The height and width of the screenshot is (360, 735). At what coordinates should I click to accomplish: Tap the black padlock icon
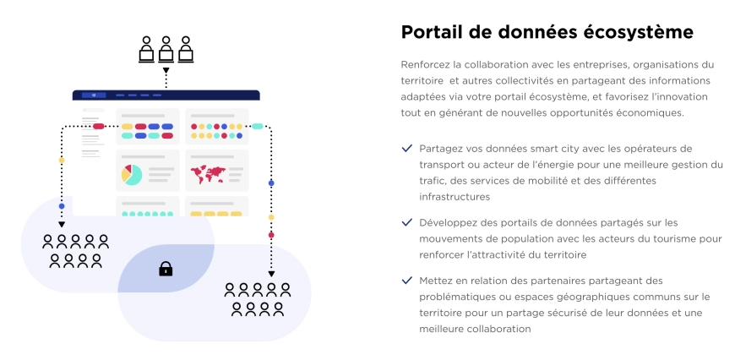tap(166, 269)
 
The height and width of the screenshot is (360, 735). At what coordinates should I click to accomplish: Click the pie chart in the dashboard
tap(132, 174)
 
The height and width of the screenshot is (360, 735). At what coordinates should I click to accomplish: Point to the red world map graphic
tap(208, 174)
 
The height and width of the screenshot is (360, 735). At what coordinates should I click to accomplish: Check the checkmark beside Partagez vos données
tap(407, 149)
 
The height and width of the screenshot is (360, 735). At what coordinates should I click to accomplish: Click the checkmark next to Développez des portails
tap(407, 222)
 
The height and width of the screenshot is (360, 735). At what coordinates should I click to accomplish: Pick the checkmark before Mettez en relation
tap(407, 281)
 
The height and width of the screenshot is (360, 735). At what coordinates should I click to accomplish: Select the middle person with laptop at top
tap(166, 49)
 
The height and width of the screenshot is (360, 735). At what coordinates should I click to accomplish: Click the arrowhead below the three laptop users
tap(166, 71)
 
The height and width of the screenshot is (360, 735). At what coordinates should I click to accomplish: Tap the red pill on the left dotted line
tap(99, 126)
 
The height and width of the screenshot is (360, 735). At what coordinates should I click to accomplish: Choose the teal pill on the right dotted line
tap(258, 126)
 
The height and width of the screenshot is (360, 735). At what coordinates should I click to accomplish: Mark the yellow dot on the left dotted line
tap(62, 161)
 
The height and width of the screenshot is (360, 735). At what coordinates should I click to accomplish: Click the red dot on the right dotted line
tap(271, 235)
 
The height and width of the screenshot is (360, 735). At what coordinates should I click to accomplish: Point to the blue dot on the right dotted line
tap(271, 183)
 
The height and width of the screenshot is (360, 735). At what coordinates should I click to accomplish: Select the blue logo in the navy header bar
tap(94, 95)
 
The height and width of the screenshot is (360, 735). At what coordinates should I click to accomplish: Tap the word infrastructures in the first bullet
tap(455, 197)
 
